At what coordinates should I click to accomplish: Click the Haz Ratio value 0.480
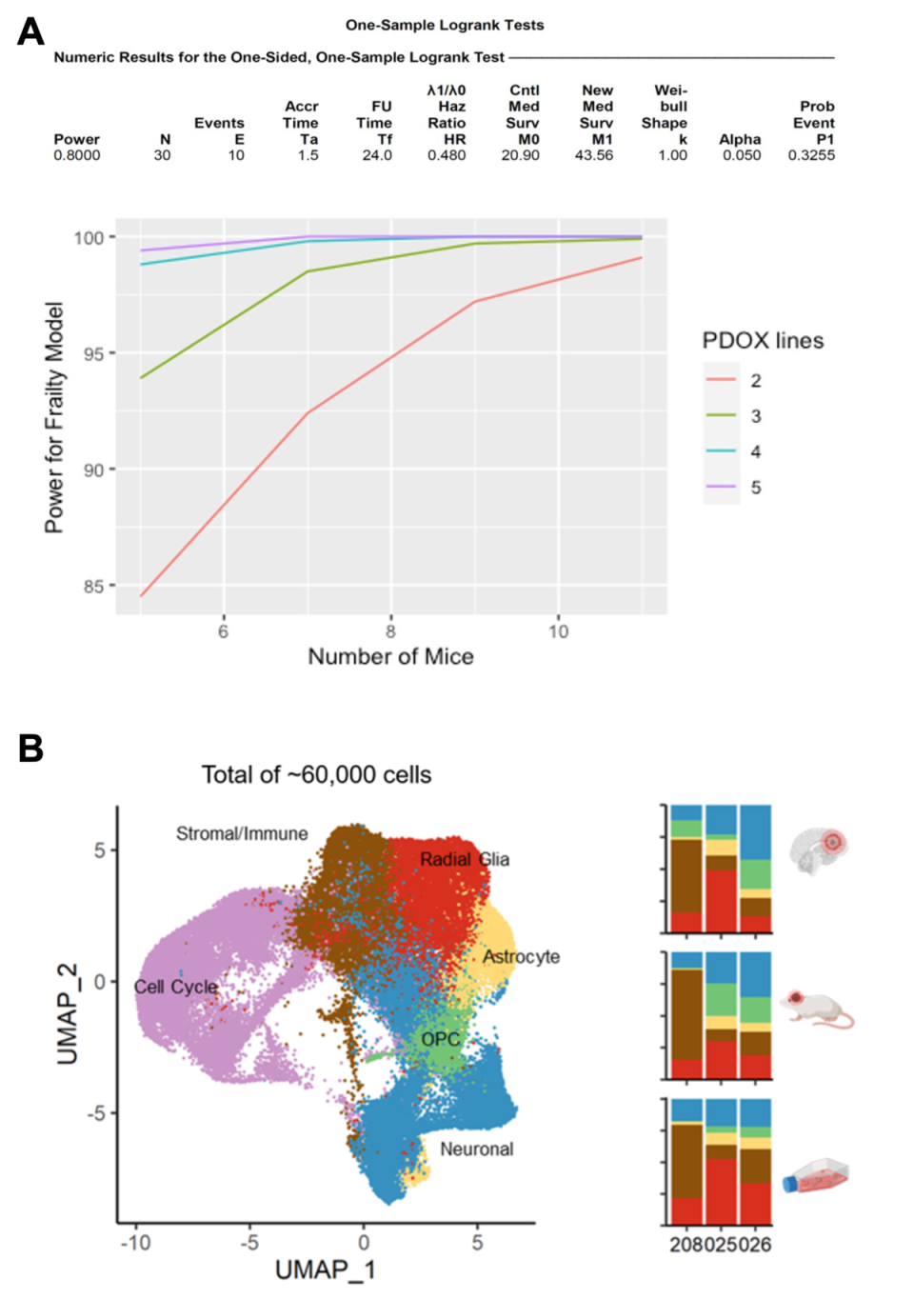(x=447, y=155)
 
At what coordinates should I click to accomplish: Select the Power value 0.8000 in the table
(x=77, y=155)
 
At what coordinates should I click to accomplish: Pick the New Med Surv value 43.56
(x=594, y=155)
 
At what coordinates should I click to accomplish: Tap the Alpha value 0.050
(x=741, y=155)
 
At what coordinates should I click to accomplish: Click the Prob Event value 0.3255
(x=811, y=155)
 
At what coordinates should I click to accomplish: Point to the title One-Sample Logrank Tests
(x=445, y=25)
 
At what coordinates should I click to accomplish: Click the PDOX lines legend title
(x=763, y=341)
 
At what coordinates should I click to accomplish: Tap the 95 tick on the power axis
(x=92, y=353)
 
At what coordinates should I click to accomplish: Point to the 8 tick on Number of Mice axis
(x=390, y=631)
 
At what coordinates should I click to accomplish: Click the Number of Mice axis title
(x=390, y=656)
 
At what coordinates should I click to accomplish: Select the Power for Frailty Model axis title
(x=54, y=417)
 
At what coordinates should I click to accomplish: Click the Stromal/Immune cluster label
(x=242, y=833)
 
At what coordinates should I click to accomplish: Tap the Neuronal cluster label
(x=476, y=1149)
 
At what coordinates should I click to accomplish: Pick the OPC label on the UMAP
(x=440, y=1039)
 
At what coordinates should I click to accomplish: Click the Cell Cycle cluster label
(x=176, y=987)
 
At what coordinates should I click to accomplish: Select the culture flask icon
(x=816, y=1177)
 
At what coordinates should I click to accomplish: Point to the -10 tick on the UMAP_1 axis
(x=135, y=1243)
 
